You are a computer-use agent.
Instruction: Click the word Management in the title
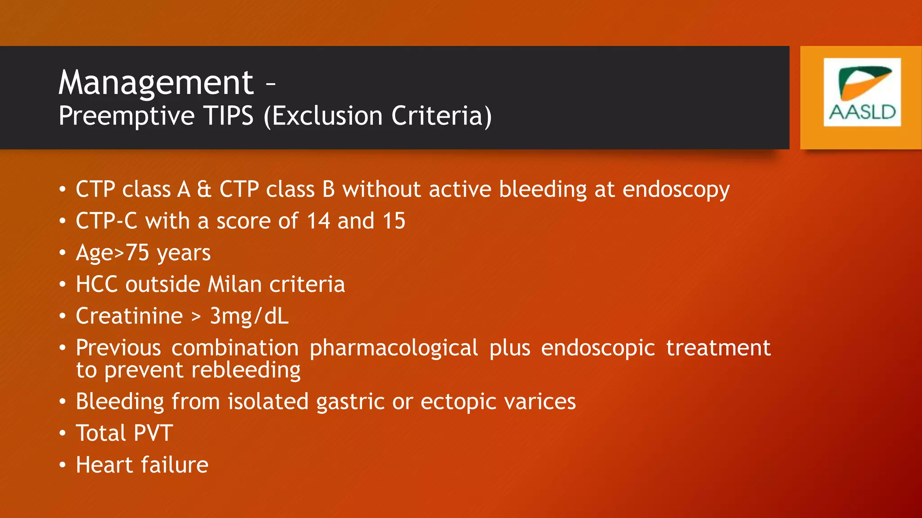(156, 83)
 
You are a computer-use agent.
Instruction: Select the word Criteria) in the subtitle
(441, 116)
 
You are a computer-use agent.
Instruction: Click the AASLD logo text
(862, 112)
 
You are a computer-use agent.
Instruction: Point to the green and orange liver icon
(864, 83)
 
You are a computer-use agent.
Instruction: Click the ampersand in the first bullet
(204, 189)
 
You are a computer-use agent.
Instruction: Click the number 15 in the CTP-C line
(394, 221)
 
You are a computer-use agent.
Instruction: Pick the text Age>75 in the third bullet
(112, 253)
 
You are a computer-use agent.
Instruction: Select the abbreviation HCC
(96, 285)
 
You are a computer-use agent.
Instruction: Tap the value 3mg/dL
(249, 316)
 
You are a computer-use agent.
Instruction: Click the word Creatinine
(129, 316)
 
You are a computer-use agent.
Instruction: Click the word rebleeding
(246, 370)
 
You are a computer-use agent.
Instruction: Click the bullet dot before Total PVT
(63, 433)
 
